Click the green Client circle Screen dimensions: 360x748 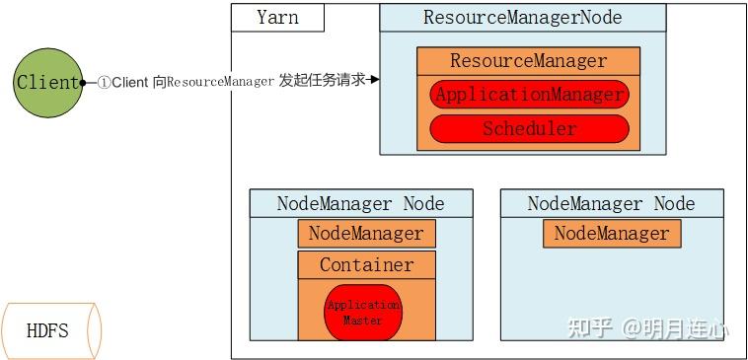click(46, 83)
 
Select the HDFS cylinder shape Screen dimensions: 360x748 click(50, 329)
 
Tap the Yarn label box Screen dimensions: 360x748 click(263, 18)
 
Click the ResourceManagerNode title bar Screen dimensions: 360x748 click(522, 18)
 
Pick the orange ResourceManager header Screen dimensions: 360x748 click(529, 61)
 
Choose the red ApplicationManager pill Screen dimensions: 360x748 click(529, 95)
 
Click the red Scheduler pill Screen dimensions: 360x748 click(529, 128)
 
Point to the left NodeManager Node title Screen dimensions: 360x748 click(360, 204)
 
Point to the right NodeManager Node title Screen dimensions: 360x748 click(611, 204)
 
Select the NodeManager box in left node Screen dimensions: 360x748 click(365, 234)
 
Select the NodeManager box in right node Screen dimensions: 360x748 click(611, 234)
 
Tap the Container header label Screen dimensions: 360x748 click(365, 264)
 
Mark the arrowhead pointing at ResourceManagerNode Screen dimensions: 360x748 click(375, 81)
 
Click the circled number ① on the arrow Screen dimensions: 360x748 click(104, 82)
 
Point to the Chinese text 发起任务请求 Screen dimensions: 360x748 click(322, 81)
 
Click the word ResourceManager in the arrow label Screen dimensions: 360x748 click(220, 82)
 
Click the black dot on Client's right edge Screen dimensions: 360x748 click(83, 82)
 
